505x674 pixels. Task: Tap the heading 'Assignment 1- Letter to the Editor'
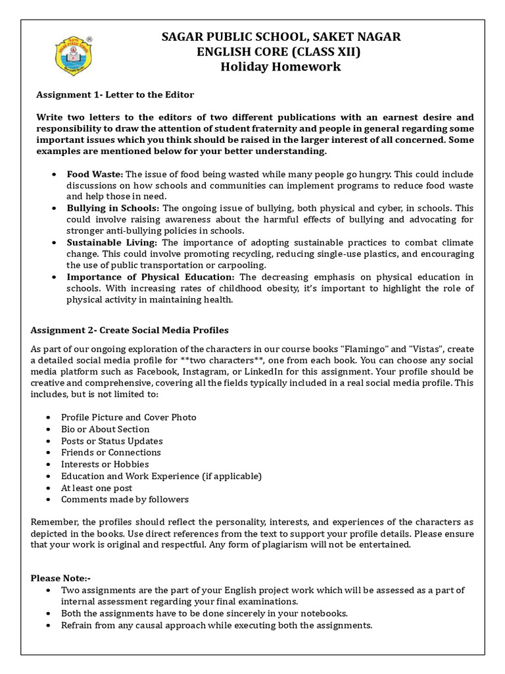tap(114, 95)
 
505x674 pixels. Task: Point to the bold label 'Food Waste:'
tap(95, 174)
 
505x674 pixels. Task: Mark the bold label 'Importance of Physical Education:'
tap(151, 276)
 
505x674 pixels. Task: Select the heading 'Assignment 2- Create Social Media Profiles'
tap(130, 329)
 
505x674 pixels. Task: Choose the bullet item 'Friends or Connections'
tap(110, 452)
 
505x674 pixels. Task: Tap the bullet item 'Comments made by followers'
tap(124, 500)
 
